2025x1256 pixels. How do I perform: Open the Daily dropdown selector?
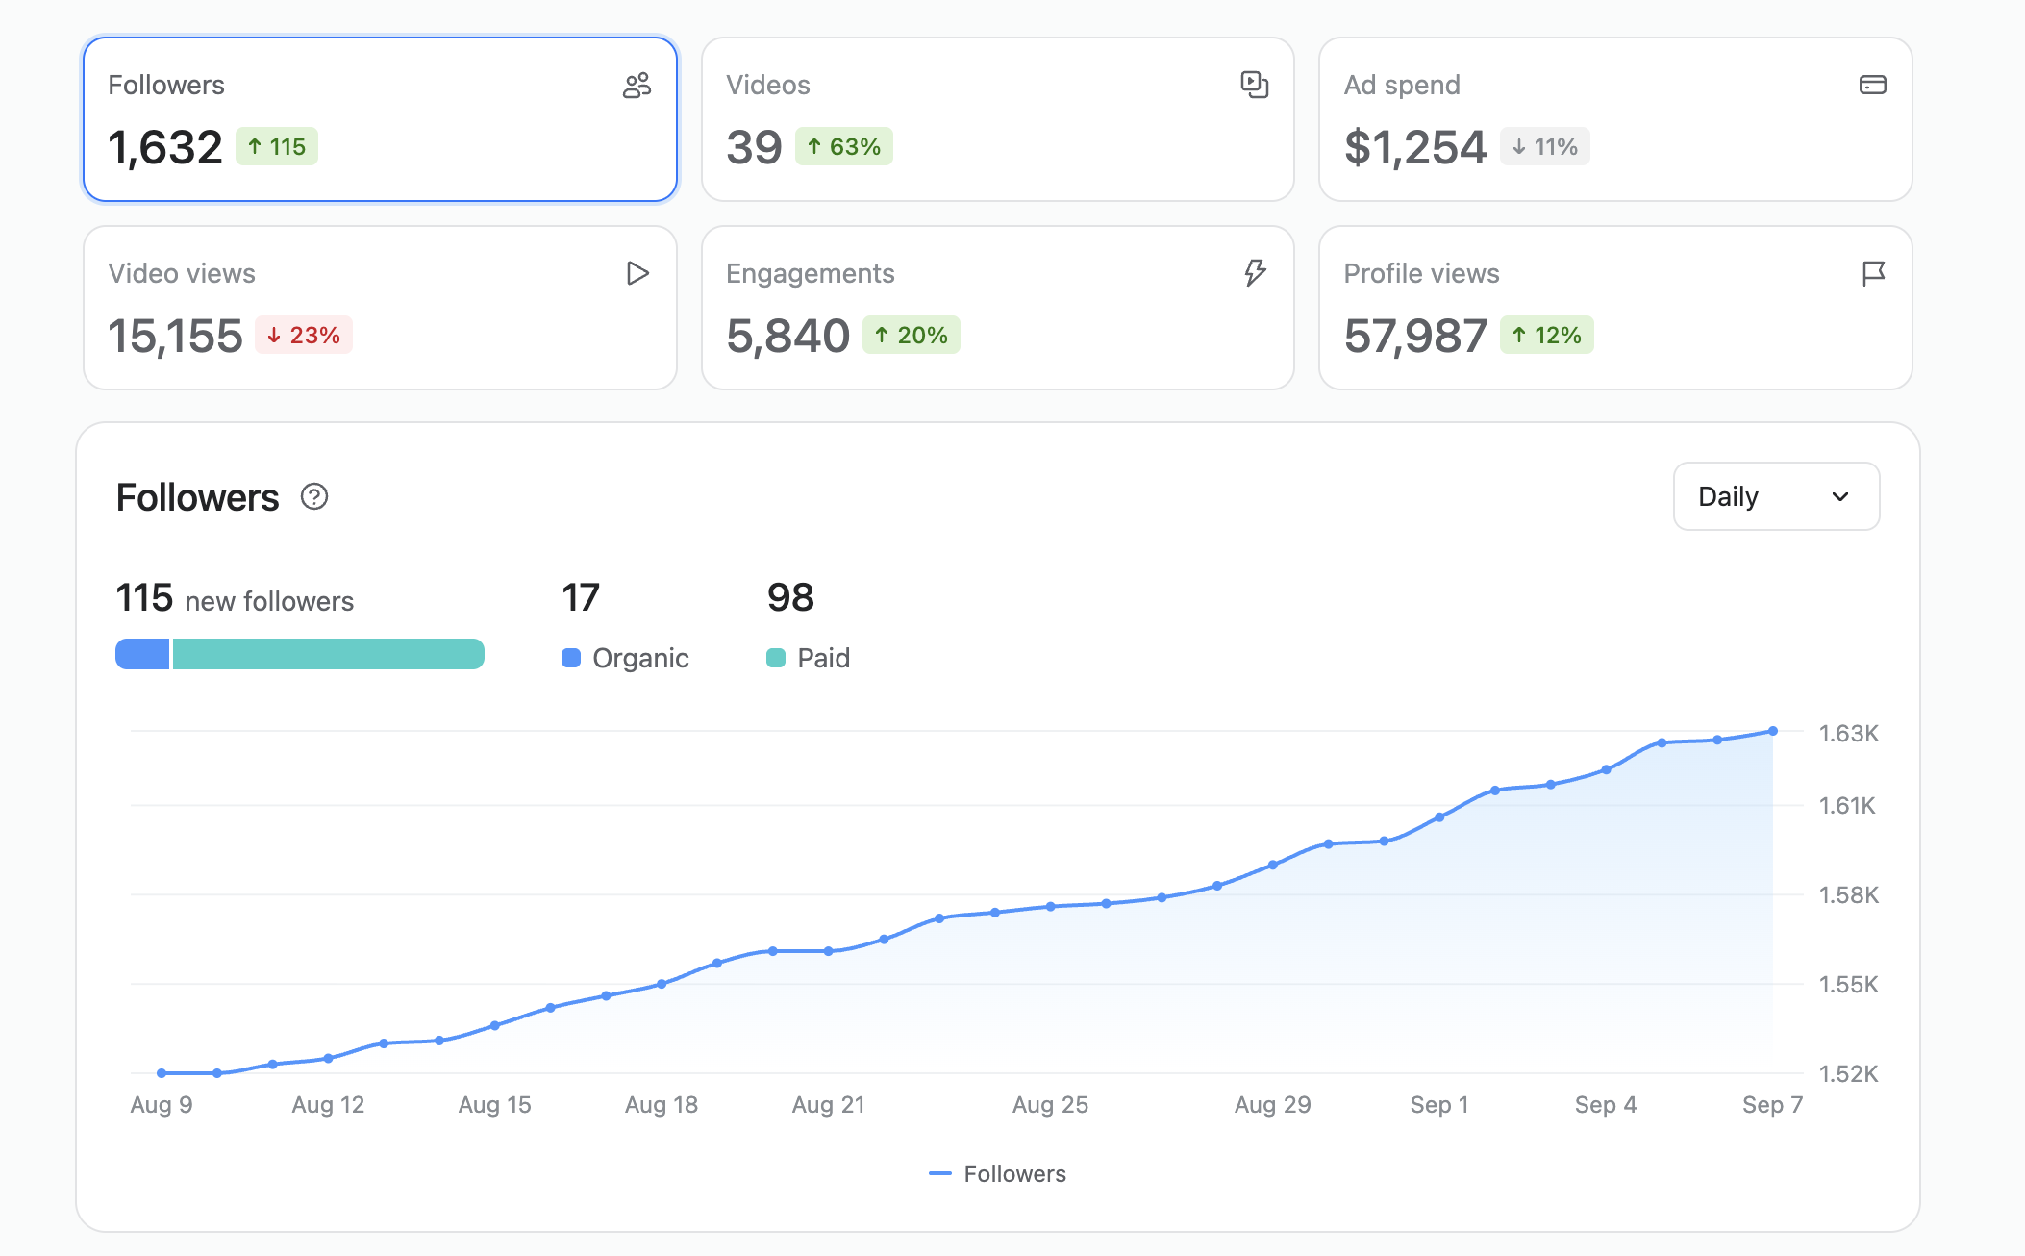(1776, 496)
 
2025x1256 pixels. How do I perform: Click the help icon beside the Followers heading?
(314, 496)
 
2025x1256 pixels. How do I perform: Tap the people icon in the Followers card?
(637, 86)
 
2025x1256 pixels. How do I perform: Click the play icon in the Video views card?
(637, 273)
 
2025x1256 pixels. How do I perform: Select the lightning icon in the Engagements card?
(1255, 273)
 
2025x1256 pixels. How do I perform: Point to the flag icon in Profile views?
(1873, 274)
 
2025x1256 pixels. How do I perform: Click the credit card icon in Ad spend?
(1873, 85)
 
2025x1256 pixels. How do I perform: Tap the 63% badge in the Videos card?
(844, 146)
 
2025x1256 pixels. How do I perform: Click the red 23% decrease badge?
(304, 335)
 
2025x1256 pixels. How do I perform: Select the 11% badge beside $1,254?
(1545, 146)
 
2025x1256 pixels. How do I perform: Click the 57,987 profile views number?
(1415, 336)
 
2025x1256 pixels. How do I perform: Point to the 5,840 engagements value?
(788, 336)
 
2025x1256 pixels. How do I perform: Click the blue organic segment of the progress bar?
(142, 654)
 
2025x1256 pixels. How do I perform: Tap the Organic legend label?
(640, 658)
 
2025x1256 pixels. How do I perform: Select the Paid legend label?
(824, 658)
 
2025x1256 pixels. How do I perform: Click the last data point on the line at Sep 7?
(1773, 731)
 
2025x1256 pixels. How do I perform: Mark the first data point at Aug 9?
(162, 1073)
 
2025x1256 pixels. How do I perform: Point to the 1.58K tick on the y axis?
(1848, 894)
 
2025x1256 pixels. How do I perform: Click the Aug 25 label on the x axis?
(1050, 1105)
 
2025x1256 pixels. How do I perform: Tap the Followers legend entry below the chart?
(998, 1173)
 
